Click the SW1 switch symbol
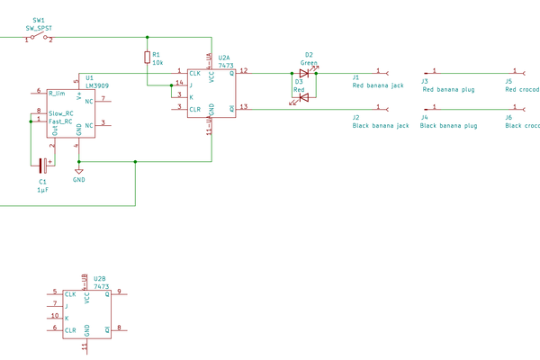pos(38,38)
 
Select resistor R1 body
pos(148,58)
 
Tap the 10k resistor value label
pos(157,63)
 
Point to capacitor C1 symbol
pos(41,163)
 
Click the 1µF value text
pos(42,191)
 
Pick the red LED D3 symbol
pos(303,96)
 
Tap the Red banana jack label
pos(378,86)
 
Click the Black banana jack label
pos(381,126)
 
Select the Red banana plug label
pos(449,89)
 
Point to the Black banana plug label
pos(449,126)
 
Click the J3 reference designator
pos(425,81)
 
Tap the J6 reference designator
pos(508,118)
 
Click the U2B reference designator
pos(100,279)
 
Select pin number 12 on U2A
pos(243,70)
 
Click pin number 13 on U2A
pos(243,107)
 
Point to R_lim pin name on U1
pos(57,93)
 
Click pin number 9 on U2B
pos(119,292)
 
